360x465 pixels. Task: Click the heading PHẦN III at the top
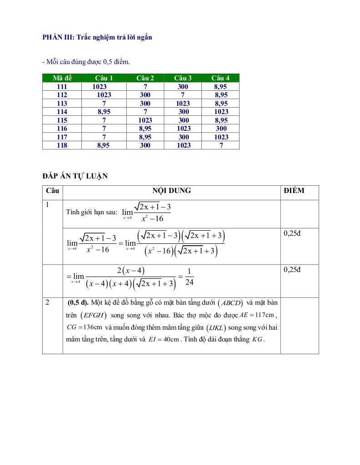click(97, 37)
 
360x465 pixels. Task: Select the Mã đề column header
click(62, 78)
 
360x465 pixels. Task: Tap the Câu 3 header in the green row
click(183, 78)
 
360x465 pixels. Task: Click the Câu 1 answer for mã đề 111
click(100, 86)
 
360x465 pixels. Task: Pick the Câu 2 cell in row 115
click(145, 120)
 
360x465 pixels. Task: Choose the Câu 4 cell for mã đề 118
click(221, 145)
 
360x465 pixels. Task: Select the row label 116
click(62, 129)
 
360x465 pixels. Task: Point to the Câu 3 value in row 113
click(183, 104)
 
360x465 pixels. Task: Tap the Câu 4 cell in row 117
click(221, 137)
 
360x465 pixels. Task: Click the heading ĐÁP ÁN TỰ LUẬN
click(75, 176)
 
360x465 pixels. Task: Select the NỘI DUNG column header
click(171, 191)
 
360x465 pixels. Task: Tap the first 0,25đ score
click(293, 233)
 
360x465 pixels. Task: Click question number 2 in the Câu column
click(48, 302)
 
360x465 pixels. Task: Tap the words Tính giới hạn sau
click(91, 212)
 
